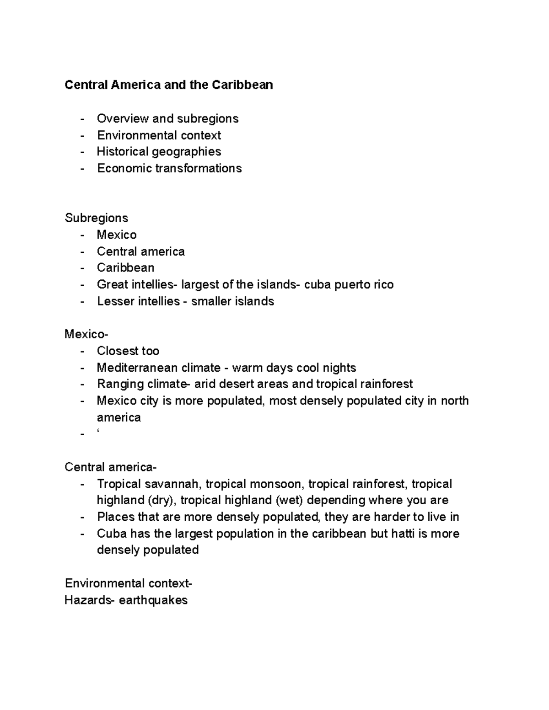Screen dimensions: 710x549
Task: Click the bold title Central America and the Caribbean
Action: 168,85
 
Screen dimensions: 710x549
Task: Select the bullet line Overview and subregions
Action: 167,119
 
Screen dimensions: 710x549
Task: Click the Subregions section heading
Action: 96,218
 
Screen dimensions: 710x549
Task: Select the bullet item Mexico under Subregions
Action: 117,235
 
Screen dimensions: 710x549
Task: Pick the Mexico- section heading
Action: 86,335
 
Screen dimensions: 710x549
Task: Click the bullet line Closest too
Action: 128,351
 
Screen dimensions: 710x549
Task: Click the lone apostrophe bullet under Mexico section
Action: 98,432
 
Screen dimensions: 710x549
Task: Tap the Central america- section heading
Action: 110,467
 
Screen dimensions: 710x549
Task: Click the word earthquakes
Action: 153,600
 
